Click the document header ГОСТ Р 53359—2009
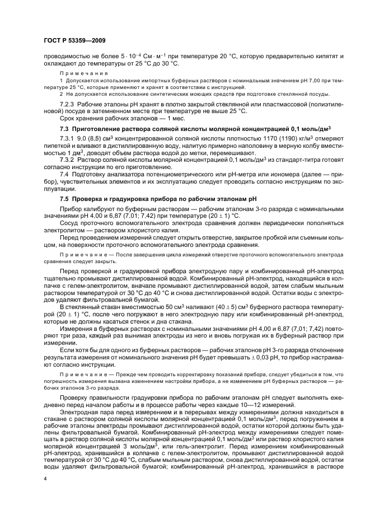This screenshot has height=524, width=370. pyautogui.click(x=74, y=41)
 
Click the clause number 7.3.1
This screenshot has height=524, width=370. pyautogui.click(x=67, y=138)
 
